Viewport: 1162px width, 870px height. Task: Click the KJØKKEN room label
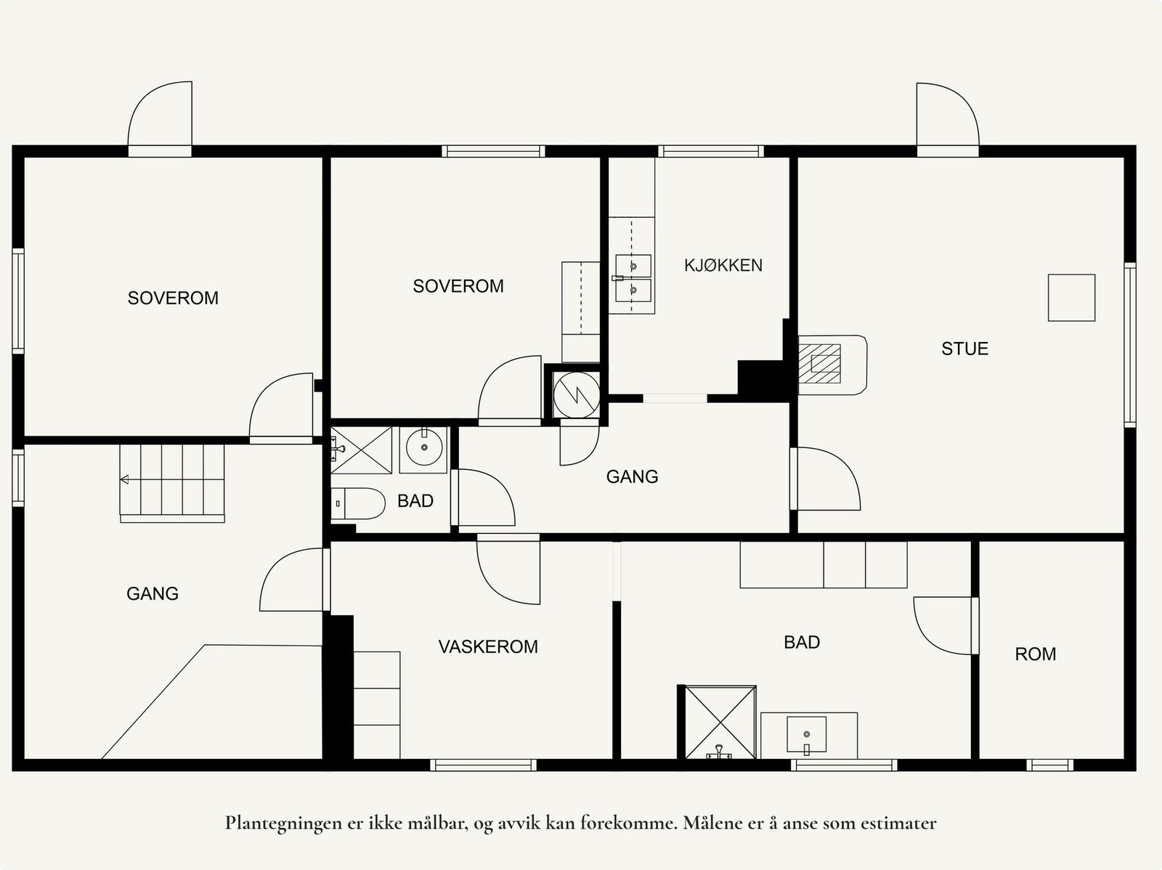tap(723, 265)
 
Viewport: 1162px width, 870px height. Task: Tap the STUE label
tap(964, 349)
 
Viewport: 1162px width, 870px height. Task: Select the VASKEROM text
tap(488, 646)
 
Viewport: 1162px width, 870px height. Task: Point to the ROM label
tap(1036, 654)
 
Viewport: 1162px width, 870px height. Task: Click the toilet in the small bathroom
tap(358, 503)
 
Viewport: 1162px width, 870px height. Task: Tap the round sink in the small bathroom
tap(424, 447)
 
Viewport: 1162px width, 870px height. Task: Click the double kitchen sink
tap(633, 278)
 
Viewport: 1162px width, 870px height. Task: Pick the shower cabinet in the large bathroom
tap(720, 723)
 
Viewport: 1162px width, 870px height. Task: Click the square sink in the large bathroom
tap(806, 734)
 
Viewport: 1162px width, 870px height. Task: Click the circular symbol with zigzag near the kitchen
tap(577, 395)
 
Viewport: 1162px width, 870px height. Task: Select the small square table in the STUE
tap(1071, 298)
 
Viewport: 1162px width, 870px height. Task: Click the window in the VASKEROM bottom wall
tap(483, 765)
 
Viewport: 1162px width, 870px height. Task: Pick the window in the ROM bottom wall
tap(1049, 765)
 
